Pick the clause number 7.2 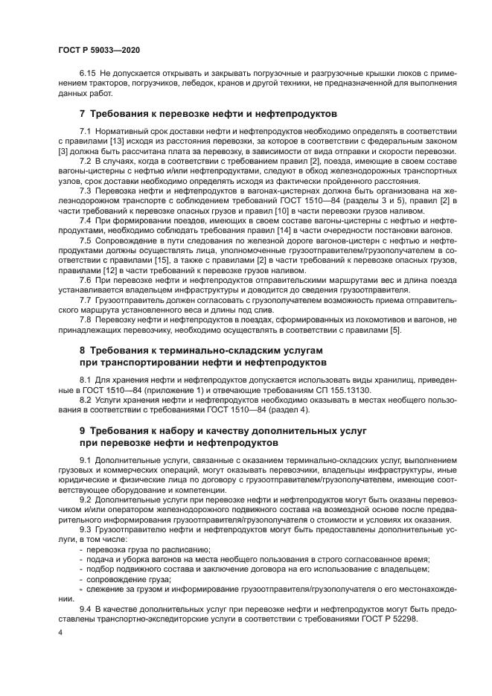coord(86,161)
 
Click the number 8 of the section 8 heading coord(83,350)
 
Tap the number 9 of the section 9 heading coord(83,430)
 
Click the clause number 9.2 coord(86,499)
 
